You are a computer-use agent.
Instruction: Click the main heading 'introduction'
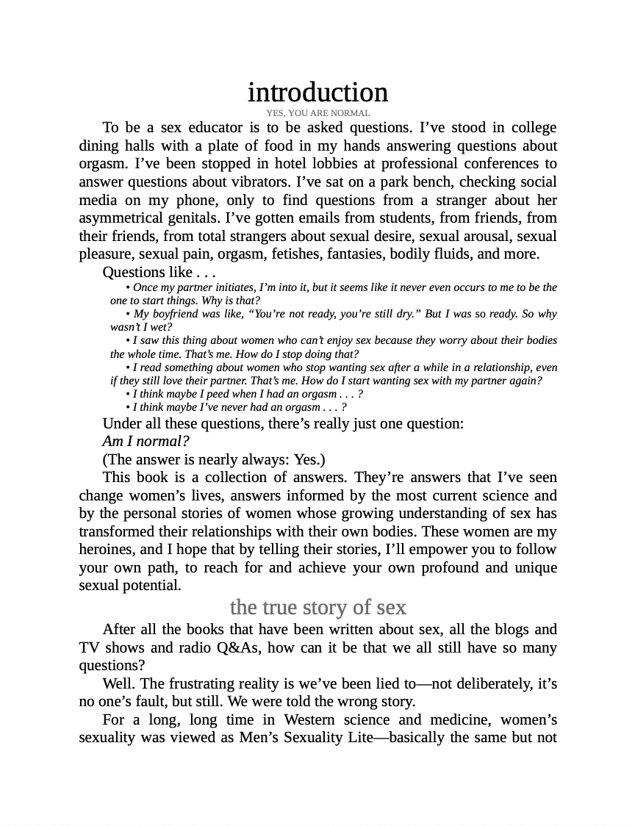tap(317, 93)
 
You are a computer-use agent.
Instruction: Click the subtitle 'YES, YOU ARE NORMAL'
tap(317, 113)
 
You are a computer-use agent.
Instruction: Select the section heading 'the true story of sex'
tap(317, 607)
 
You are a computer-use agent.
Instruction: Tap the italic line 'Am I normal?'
tap(146, 441)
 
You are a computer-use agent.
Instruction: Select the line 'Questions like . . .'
tap(159, 272)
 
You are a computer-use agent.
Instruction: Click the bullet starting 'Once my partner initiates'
tap(334, 287)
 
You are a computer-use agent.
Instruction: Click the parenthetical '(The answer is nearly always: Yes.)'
tap(213, 459)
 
